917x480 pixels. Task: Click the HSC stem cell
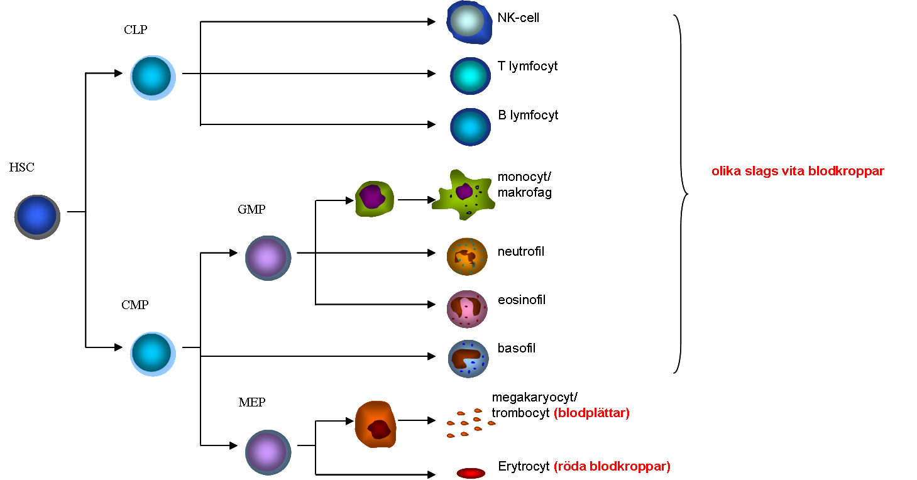[x=37, y=217]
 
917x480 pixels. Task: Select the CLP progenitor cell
[x=153, y=77]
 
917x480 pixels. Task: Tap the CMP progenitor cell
[x=153, y=354]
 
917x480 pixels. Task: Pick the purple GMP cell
[x=268, y=258]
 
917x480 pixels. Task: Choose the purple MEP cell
[x=268, y=452]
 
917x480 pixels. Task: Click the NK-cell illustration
[x=468, y=23]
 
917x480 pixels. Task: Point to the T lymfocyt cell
[x=470, y=75]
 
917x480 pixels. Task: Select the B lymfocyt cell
[x=470, y=126]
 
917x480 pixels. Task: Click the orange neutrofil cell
[x=467, y=256]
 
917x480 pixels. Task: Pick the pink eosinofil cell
[x=467, y=308]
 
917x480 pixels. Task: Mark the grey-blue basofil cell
[x=468, y=359]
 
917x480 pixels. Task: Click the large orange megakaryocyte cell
[x=376, y=424]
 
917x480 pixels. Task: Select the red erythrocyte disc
[x=471, y=473]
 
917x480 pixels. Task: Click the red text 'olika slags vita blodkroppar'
[x=798, y=171]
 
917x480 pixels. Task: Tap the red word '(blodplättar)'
[x=591, y=413]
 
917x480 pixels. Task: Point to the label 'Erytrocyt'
[x=524, y=467]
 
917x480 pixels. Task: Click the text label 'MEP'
[x=251, y=403]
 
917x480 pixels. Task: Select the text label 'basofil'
[x=517, y=348]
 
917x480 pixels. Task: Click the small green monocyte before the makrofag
[x=375, y=199]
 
